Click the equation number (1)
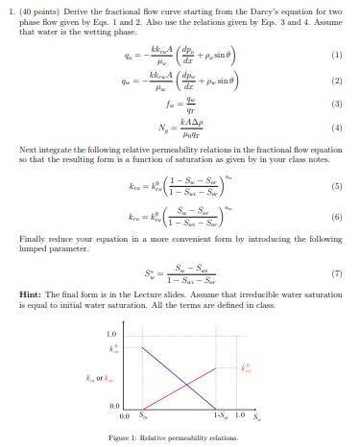pos(335,55)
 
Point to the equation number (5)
pos(335,189)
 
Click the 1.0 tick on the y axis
pos(111,335)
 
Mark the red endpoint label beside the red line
pos(248,366)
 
